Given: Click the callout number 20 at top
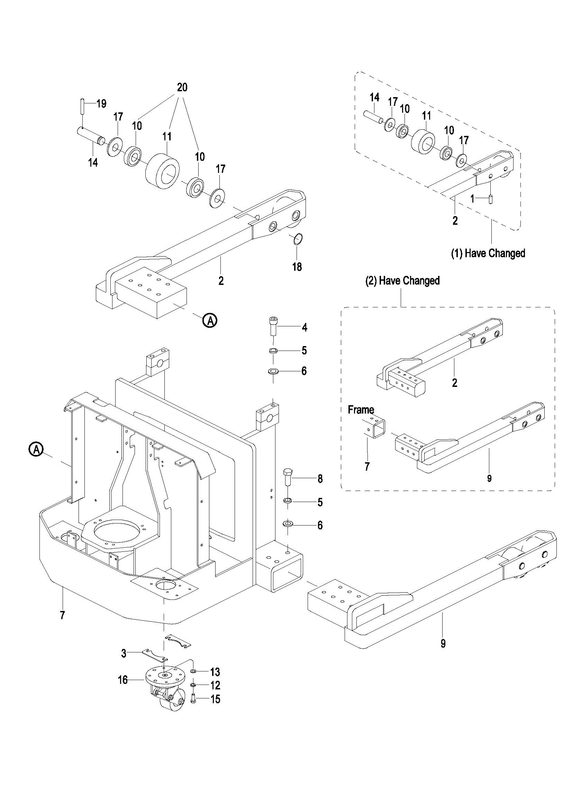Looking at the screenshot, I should (182, 87).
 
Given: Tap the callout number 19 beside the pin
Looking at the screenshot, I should (101, 103).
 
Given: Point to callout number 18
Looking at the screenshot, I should (297, 267).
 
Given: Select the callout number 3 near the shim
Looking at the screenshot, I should (124, 653).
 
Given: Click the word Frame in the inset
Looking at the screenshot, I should (361, 410).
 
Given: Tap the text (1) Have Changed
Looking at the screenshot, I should (488, 253).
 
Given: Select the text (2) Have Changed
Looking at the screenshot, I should (402, 280).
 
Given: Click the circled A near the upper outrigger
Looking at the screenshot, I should (210, 320).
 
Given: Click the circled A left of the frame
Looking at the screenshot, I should (36, 449).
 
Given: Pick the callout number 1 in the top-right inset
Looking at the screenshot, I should (473, 199).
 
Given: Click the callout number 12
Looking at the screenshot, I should (215, 685).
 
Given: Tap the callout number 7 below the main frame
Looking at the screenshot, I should (62, 615).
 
